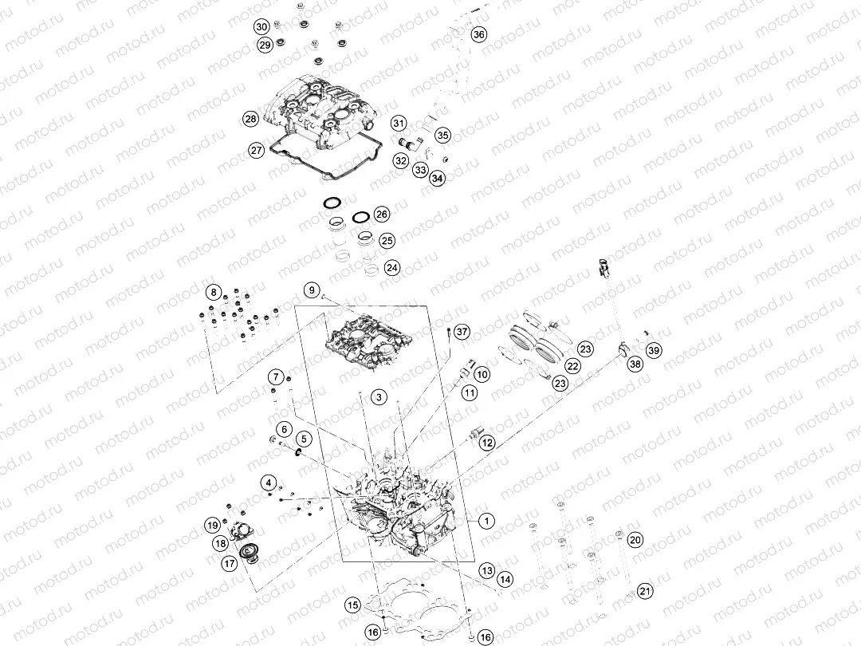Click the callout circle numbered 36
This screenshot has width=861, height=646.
point(479,34)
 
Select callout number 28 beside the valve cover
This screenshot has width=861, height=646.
point(250,119)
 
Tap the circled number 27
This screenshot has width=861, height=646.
point(257,150)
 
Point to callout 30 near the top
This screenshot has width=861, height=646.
point(262,27)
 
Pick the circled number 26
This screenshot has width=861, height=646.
point(381,215)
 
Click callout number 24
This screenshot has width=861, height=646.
point(391,267)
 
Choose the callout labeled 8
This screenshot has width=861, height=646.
point(214,293)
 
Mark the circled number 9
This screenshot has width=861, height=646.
point(312,290)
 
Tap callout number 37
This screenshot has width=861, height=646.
point(462,332)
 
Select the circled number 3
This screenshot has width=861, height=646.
point(379,397)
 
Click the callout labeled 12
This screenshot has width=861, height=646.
point(487,443)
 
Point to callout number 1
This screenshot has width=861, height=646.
point(486,521)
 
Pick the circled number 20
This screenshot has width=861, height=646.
point(635,540)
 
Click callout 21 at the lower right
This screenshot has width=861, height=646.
point(645,591)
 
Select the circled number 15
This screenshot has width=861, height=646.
point(352,605)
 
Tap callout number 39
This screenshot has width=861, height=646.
point(654,350)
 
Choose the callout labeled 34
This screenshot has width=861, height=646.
point(437,178)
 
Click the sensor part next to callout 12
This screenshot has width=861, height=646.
point(472,433)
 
